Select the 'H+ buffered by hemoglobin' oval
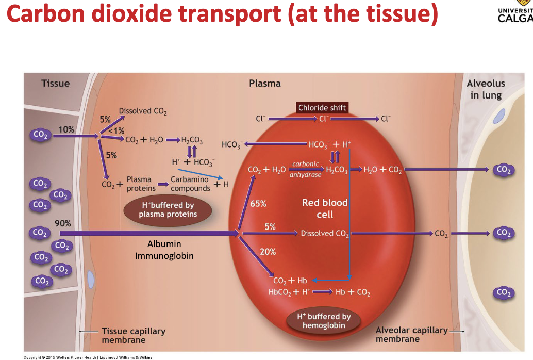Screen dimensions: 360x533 324,321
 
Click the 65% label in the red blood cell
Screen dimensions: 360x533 258,203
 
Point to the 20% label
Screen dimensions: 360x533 268,252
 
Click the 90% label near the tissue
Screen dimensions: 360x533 63,223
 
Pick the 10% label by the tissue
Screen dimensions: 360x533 66,129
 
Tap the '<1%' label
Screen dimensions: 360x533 116,130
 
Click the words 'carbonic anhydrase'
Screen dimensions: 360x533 306,169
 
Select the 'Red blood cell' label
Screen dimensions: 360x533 325,208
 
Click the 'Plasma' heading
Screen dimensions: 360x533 265,84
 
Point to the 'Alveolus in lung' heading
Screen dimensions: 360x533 486,89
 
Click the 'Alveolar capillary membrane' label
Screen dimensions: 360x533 411,334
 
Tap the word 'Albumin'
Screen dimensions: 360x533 164,244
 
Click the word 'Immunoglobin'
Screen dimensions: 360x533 164,255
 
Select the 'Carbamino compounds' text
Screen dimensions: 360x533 190,184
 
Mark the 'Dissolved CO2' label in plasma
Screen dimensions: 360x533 143,111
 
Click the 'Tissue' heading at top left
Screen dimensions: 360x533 55,83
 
